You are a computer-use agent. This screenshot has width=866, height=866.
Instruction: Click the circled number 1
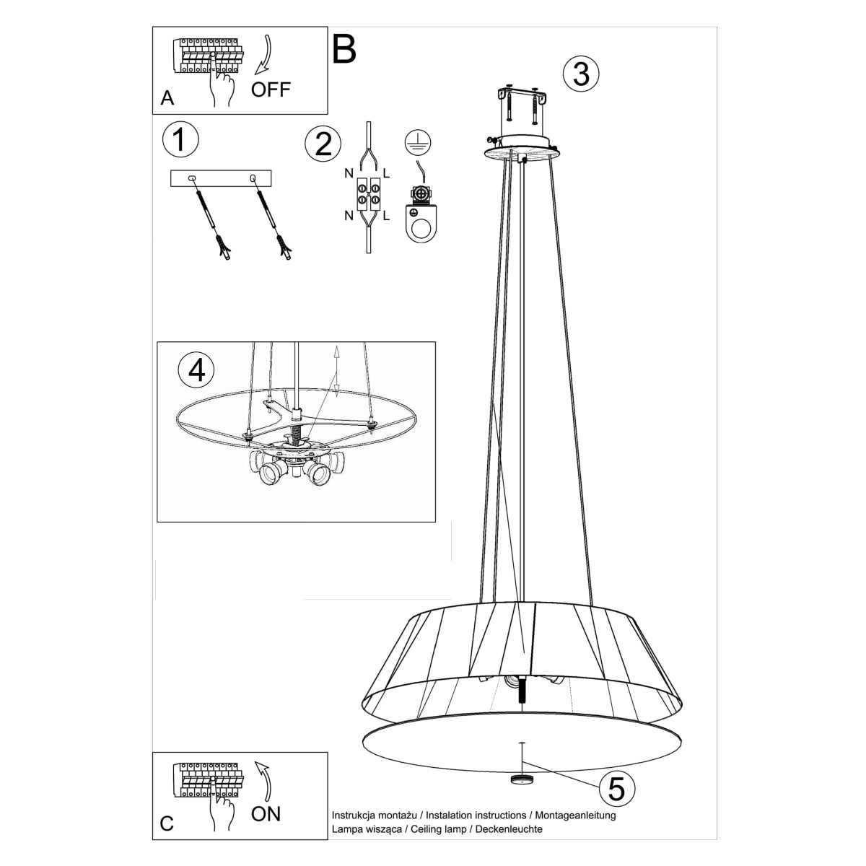pos(180,139)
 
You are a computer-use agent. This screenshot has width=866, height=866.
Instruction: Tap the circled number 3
pos(581,74)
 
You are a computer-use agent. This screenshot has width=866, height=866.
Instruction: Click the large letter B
pos(344,49)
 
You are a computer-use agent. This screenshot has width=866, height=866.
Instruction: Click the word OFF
pos(271,89)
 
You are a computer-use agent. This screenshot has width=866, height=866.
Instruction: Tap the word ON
pos(266,815)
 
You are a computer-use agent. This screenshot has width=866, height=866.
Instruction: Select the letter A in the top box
pos(167,99)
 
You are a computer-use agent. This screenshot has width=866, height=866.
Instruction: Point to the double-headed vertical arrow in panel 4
pos(336,372)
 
